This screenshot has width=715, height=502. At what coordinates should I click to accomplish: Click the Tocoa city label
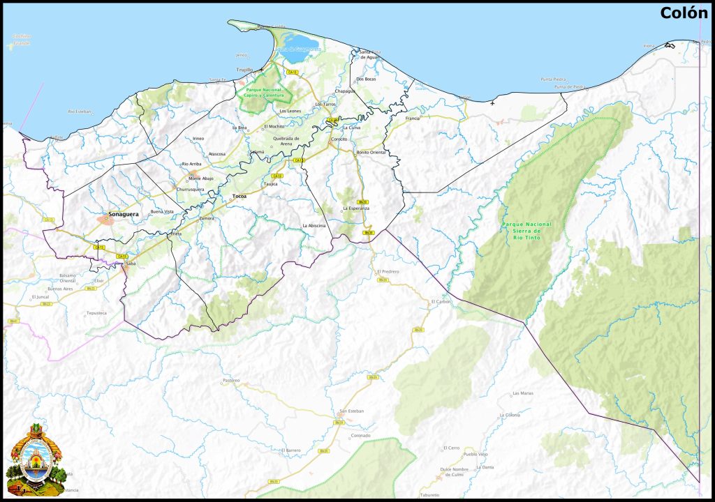tap(240, 196)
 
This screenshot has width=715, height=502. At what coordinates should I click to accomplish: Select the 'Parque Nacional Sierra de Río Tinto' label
tap(526, 230)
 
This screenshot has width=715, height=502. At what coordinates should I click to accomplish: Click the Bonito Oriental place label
tap(371, 152)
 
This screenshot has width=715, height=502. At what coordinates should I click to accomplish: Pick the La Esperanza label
tap(355, 208)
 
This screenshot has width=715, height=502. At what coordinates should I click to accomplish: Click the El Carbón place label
tap(442, 301)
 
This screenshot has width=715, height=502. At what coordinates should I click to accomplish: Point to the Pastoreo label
tap(230, 380)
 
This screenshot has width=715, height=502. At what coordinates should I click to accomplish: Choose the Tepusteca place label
tap(96, 313)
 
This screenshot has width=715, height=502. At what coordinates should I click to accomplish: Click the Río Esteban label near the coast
tap(80, 111)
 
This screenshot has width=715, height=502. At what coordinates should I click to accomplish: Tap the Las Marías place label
tap(522, 393)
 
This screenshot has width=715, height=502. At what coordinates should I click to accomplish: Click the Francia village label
tap(413, 119)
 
